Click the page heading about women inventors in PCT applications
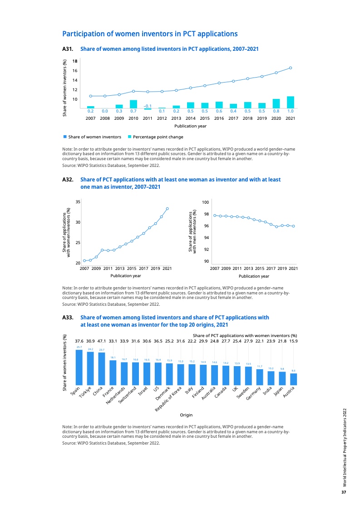[x=150, y=34]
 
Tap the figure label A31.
[x=68, y=49]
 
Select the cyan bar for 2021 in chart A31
[x=291, y=103]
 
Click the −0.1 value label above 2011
[x=148, y=105]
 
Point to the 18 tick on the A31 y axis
[x=75, y=61]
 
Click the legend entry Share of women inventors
[x=94, y=137]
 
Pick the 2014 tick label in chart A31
[x=190, y=118]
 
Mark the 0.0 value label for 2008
[x=105, y=111]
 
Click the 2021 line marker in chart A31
[x=291, y=68]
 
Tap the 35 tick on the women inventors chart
[x=78, y=201]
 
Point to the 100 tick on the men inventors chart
[x=205, y=201]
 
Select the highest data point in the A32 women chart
[x=168, y=209]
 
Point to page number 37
[x=344, y=492]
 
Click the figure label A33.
[x=68, y=318]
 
